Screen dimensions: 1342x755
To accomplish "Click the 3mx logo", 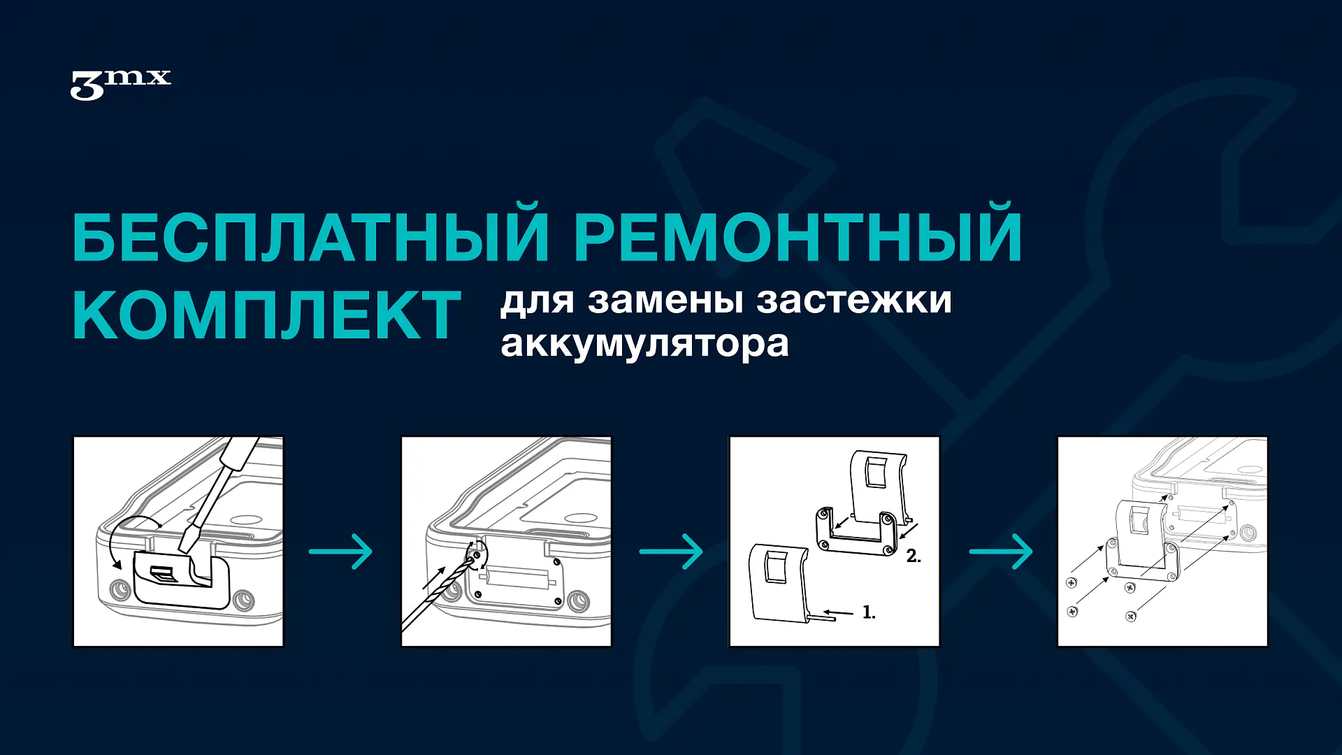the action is tap(120, 85).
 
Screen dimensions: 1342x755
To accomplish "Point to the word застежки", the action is tap(854, 300).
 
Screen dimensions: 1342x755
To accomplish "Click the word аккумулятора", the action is tap(644, 344).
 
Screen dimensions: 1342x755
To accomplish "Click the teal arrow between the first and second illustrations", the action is tap(341, 552).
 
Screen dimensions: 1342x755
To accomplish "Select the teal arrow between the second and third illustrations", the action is tap(671, 552).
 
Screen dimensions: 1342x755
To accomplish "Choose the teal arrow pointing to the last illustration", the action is tap(1001, 552).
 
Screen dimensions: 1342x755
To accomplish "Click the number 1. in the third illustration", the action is tap(869, 612).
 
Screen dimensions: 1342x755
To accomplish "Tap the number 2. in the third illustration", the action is tap(914, 556).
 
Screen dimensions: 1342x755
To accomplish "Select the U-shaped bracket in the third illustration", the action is tap(856, 532).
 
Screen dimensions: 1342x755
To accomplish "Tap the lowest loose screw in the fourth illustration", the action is tap(1131, 616).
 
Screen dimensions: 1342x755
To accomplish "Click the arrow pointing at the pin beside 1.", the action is tap(838, 613).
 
